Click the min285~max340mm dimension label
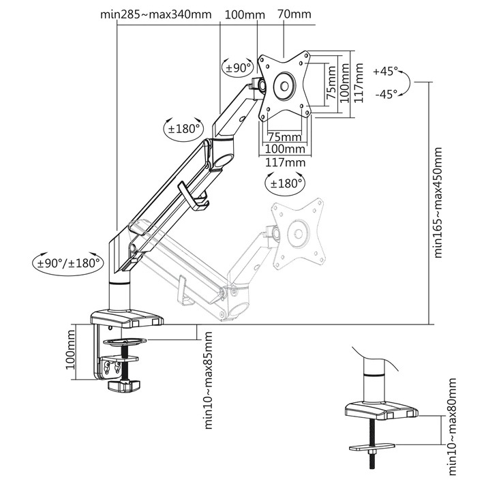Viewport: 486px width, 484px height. point(156,14)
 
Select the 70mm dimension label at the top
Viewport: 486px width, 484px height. point(294,14)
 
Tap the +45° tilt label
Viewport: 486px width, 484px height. point(386,71)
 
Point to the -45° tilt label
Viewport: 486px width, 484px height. point(386,94)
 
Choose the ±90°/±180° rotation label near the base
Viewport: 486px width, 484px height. point(69,261)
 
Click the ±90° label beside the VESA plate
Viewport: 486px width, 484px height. point(238,67)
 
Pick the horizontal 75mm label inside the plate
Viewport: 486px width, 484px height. point(284,136)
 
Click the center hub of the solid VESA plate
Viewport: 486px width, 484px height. point(283,87)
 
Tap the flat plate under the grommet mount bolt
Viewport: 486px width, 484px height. point(371,447)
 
